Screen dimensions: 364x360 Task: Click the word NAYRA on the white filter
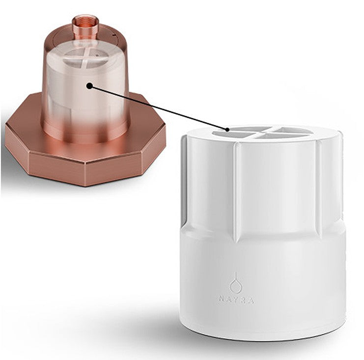(236, 300)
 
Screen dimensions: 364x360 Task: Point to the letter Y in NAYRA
(237, 300)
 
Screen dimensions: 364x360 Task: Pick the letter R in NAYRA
(244, 300)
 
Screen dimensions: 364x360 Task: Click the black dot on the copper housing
(89, 86)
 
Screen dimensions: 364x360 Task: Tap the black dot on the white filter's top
(227, 130)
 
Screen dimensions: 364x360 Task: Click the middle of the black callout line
(158, 108)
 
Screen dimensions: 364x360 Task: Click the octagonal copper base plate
(85, 148)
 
